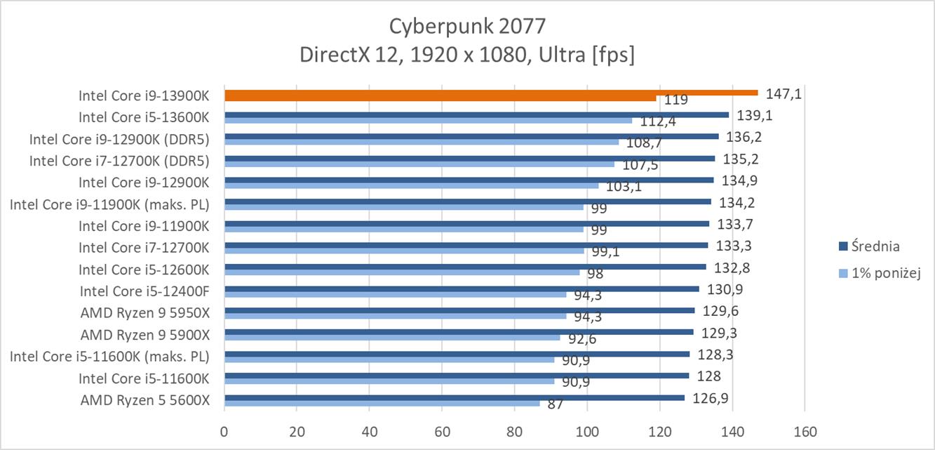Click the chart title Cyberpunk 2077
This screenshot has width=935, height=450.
tap(466, 27)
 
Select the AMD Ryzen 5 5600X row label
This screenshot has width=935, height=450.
tap(145, 400)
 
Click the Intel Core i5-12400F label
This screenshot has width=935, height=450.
tap(144, 291)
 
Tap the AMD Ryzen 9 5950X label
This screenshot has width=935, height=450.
tap(145, 312)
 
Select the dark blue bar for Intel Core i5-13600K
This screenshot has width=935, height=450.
tap(476, 114)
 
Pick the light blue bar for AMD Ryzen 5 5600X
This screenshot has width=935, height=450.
tap(382, 403)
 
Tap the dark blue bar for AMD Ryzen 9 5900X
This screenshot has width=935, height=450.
tap(459, 332)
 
